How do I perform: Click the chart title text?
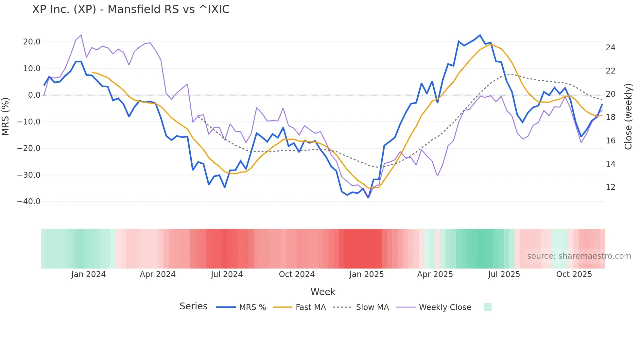point(131,9)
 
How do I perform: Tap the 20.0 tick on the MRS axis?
point(32,42)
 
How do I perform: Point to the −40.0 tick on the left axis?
point(29,202)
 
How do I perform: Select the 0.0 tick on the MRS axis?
point(34,95)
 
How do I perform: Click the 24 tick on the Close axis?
point(610,48)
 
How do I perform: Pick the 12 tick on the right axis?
point(610,187)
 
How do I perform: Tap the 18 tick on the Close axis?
point(610,117)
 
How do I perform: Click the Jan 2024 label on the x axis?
point(88,274)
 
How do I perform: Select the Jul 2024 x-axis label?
point(227,274)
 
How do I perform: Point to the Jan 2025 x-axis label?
point(366,274)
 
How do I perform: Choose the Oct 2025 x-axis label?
point(574,274)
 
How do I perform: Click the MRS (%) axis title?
point(5,116)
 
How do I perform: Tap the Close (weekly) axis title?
point(628,117)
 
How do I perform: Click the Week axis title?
point(323,292)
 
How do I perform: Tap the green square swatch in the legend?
point(487,307)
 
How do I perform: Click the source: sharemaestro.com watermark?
point(579,256)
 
